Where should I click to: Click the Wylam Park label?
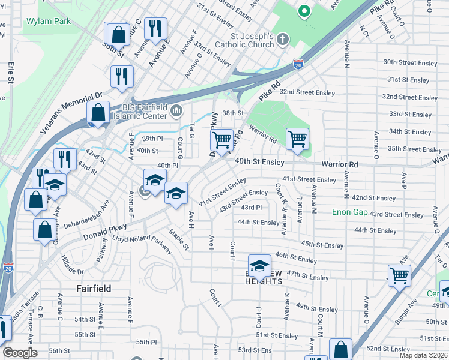point(49,21)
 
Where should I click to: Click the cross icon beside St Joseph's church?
point(283,39)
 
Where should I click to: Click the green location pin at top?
point(304,11)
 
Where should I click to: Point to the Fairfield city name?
point(94,289)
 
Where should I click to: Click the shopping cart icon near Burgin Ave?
point(399,275)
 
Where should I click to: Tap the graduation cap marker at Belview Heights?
point(260,265)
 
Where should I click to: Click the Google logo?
point(20,353)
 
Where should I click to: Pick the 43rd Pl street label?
point(251,208)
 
